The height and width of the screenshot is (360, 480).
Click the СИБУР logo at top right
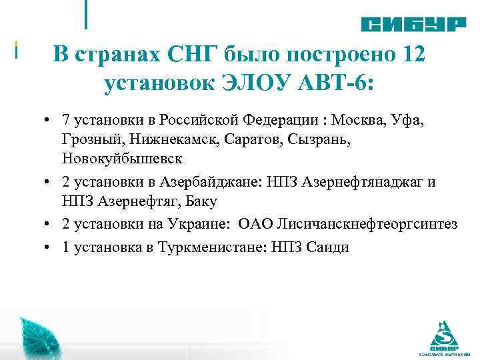pyautogui.click(x=413, y=24)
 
